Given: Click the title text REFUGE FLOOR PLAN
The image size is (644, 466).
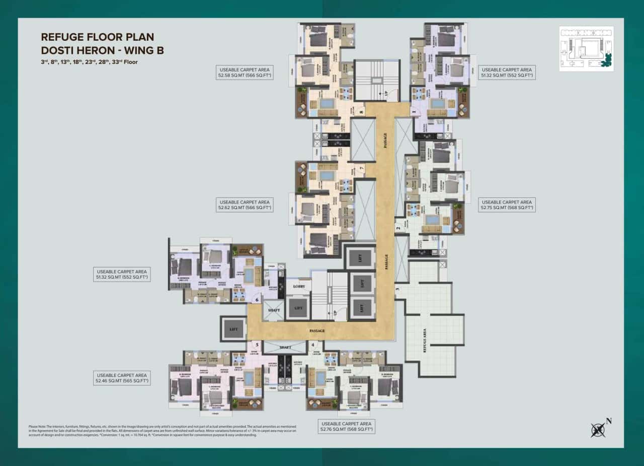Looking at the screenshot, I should [97, 37].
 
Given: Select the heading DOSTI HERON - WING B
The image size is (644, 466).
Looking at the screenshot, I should [102, 50].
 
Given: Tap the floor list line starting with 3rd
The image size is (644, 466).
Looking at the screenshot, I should [89, 62].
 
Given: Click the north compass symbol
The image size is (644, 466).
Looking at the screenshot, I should [599, 429].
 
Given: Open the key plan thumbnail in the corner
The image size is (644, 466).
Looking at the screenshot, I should [586, 48].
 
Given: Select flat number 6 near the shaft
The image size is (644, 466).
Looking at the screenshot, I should [257, 300].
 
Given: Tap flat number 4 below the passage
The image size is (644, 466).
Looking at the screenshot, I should [313, 345].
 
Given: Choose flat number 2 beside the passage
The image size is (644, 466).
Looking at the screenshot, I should [398, 228].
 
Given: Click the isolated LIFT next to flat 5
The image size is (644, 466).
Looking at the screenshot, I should [233, 329].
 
